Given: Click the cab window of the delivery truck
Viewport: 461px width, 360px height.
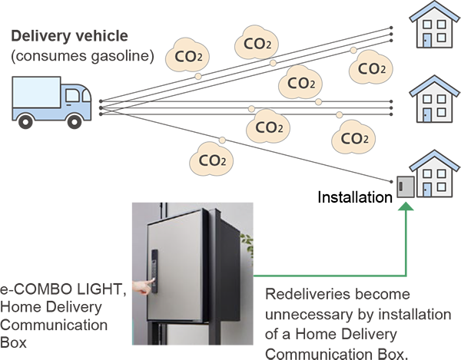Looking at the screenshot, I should coord(74,96).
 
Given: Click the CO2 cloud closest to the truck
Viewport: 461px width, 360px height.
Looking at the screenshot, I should coord(188,54).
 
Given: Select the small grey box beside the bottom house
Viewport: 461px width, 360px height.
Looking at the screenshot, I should coord(404,187).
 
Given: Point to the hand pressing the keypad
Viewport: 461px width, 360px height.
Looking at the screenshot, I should coord(139,288).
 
